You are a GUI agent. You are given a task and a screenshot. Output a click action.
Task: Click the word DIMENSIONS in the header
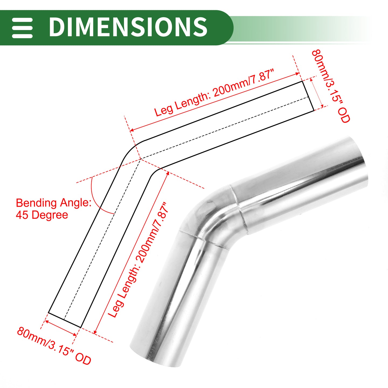(128, 27)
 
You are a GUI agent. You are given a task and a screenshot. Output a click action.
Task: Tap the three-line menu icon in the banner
(22, 28)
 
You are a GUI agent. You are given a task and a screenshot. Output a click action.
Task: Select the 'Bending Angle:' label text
(54, 203)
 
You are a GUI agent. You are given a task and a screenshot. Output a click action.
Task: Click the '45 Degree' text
(42, 215)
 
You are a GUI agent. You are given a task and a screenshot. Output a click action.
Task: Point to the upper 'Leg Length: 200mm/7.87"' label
(214, 93)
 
